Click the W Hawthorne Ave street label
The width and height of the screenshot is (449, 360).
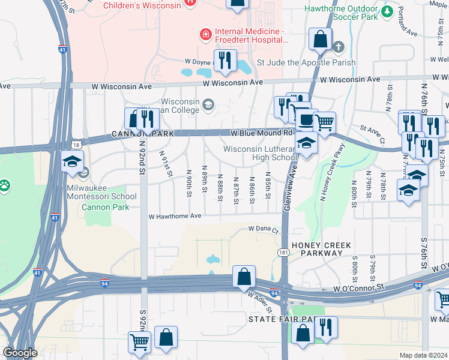tap(175, 216)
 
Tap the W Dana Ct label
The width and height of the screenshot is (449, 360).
tap(264, 230)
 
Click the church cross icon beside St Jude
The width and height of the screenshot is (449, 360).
tap(339, 47)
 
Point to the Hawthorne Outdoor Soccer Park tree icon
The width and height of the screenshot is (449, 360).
tap(387, 11)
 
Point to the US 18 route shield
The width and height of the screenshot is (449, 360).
tap(74, 145)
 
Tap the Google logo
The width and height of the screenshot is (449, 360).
tap(20, 353)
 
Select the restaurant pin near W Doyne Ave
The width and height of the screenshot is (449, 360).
tap(225, 61)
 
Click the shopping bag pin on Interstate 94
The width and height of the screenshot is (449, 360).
tap(244, 277)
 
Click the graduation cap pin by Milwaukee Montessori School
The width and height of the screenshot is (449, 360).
tap(72, 161)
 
